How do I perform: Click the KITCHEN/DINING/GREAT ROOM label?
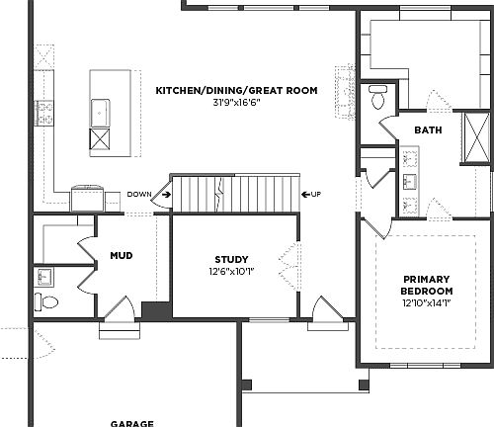tap(236, 90)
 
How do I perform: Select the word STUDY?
tap(231, 259)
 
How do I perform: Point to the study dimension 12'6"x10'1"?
tap(231, 271)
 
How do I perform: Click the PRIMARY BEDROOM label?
tap(427, 285)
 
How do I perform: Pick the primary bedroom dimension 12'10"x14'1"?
tap(427, 304)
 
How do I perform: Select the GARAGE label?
tap(131, 422)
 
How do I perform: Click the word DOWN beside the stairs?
tap(139, 195)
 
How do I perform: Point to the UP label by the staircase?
tap(315, 194)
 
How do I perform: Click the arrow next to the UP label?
tap(303, 194)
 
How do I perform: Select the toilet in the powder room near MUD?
tap(43, 300)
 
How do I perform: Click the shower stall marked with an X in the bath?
tap(475, 145)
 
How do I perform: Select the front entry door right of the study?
tap(323, 310)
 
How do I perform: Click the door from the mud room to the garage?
tap(117, 313)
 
